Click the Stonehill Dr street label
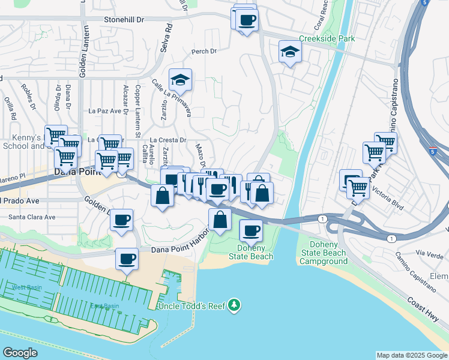(x=124, y=20)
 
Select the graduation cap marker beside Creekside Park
(x=290, y=52)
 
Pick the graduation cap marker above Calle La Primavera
(x=180, y=79)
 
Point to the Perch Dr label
(x=204, y=52)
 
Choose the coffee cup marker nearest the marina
(x=127, y=259)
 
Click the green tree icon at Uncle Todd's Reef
(x=234, y=306)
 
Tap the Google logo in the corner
(x=20, y=353)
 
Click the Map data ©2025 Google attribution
(x=412, y=355)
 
